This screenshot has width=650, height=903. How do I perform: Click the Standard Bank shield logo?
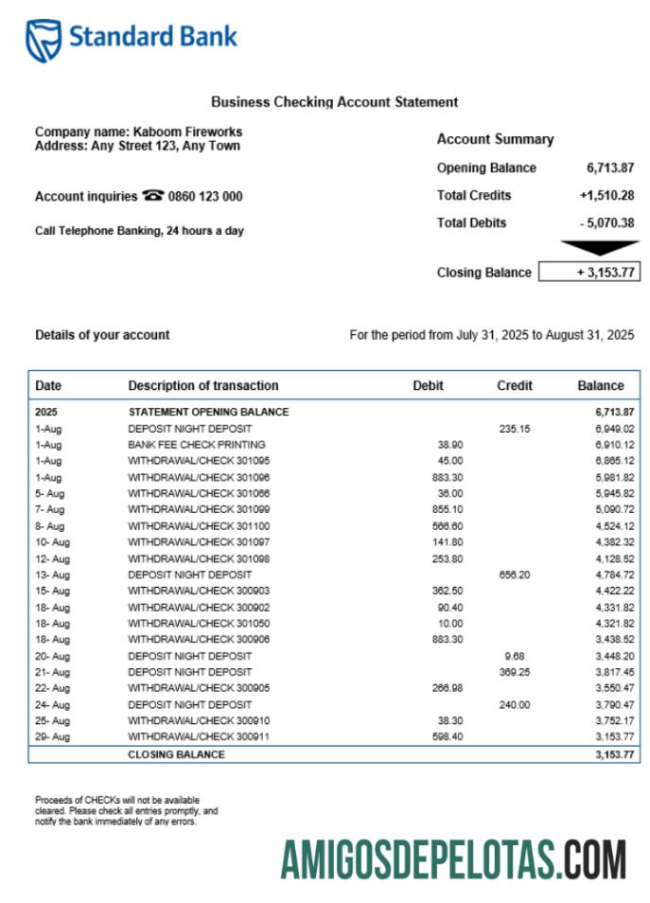[44, 40]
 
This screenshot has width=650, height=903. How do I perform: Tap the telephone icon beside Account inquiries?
[152, 196]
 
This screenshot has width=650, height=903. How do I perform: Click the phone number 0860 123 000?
[205, 197]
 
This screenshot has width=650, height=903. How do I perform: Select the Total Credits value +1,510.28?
[606, 196]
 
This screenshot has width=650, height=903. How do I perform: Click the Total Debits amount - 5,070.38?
[606, 223]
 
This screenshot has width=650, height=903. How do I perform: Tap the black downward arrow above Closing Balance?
[599, 248]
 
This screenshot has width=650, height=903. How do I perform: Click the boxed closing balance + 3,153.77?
[589, 273]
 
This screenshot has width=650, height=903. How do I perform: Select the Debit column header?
[428, 386]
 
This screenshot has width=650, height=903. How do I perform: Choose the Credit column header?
[514, 386]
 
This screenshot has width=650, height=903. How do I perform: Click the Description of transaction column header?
[203, 386]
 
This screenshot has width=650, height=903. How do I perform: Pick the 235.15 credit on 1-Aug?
[515, 429]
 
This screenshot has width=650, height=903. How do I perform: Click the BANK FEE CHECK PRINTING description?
[197, 445]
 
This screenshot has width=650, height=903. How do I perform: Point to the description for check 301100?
[199, 526]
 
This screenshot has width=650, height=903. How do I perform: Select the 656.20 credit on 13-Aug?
[515, 575]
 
